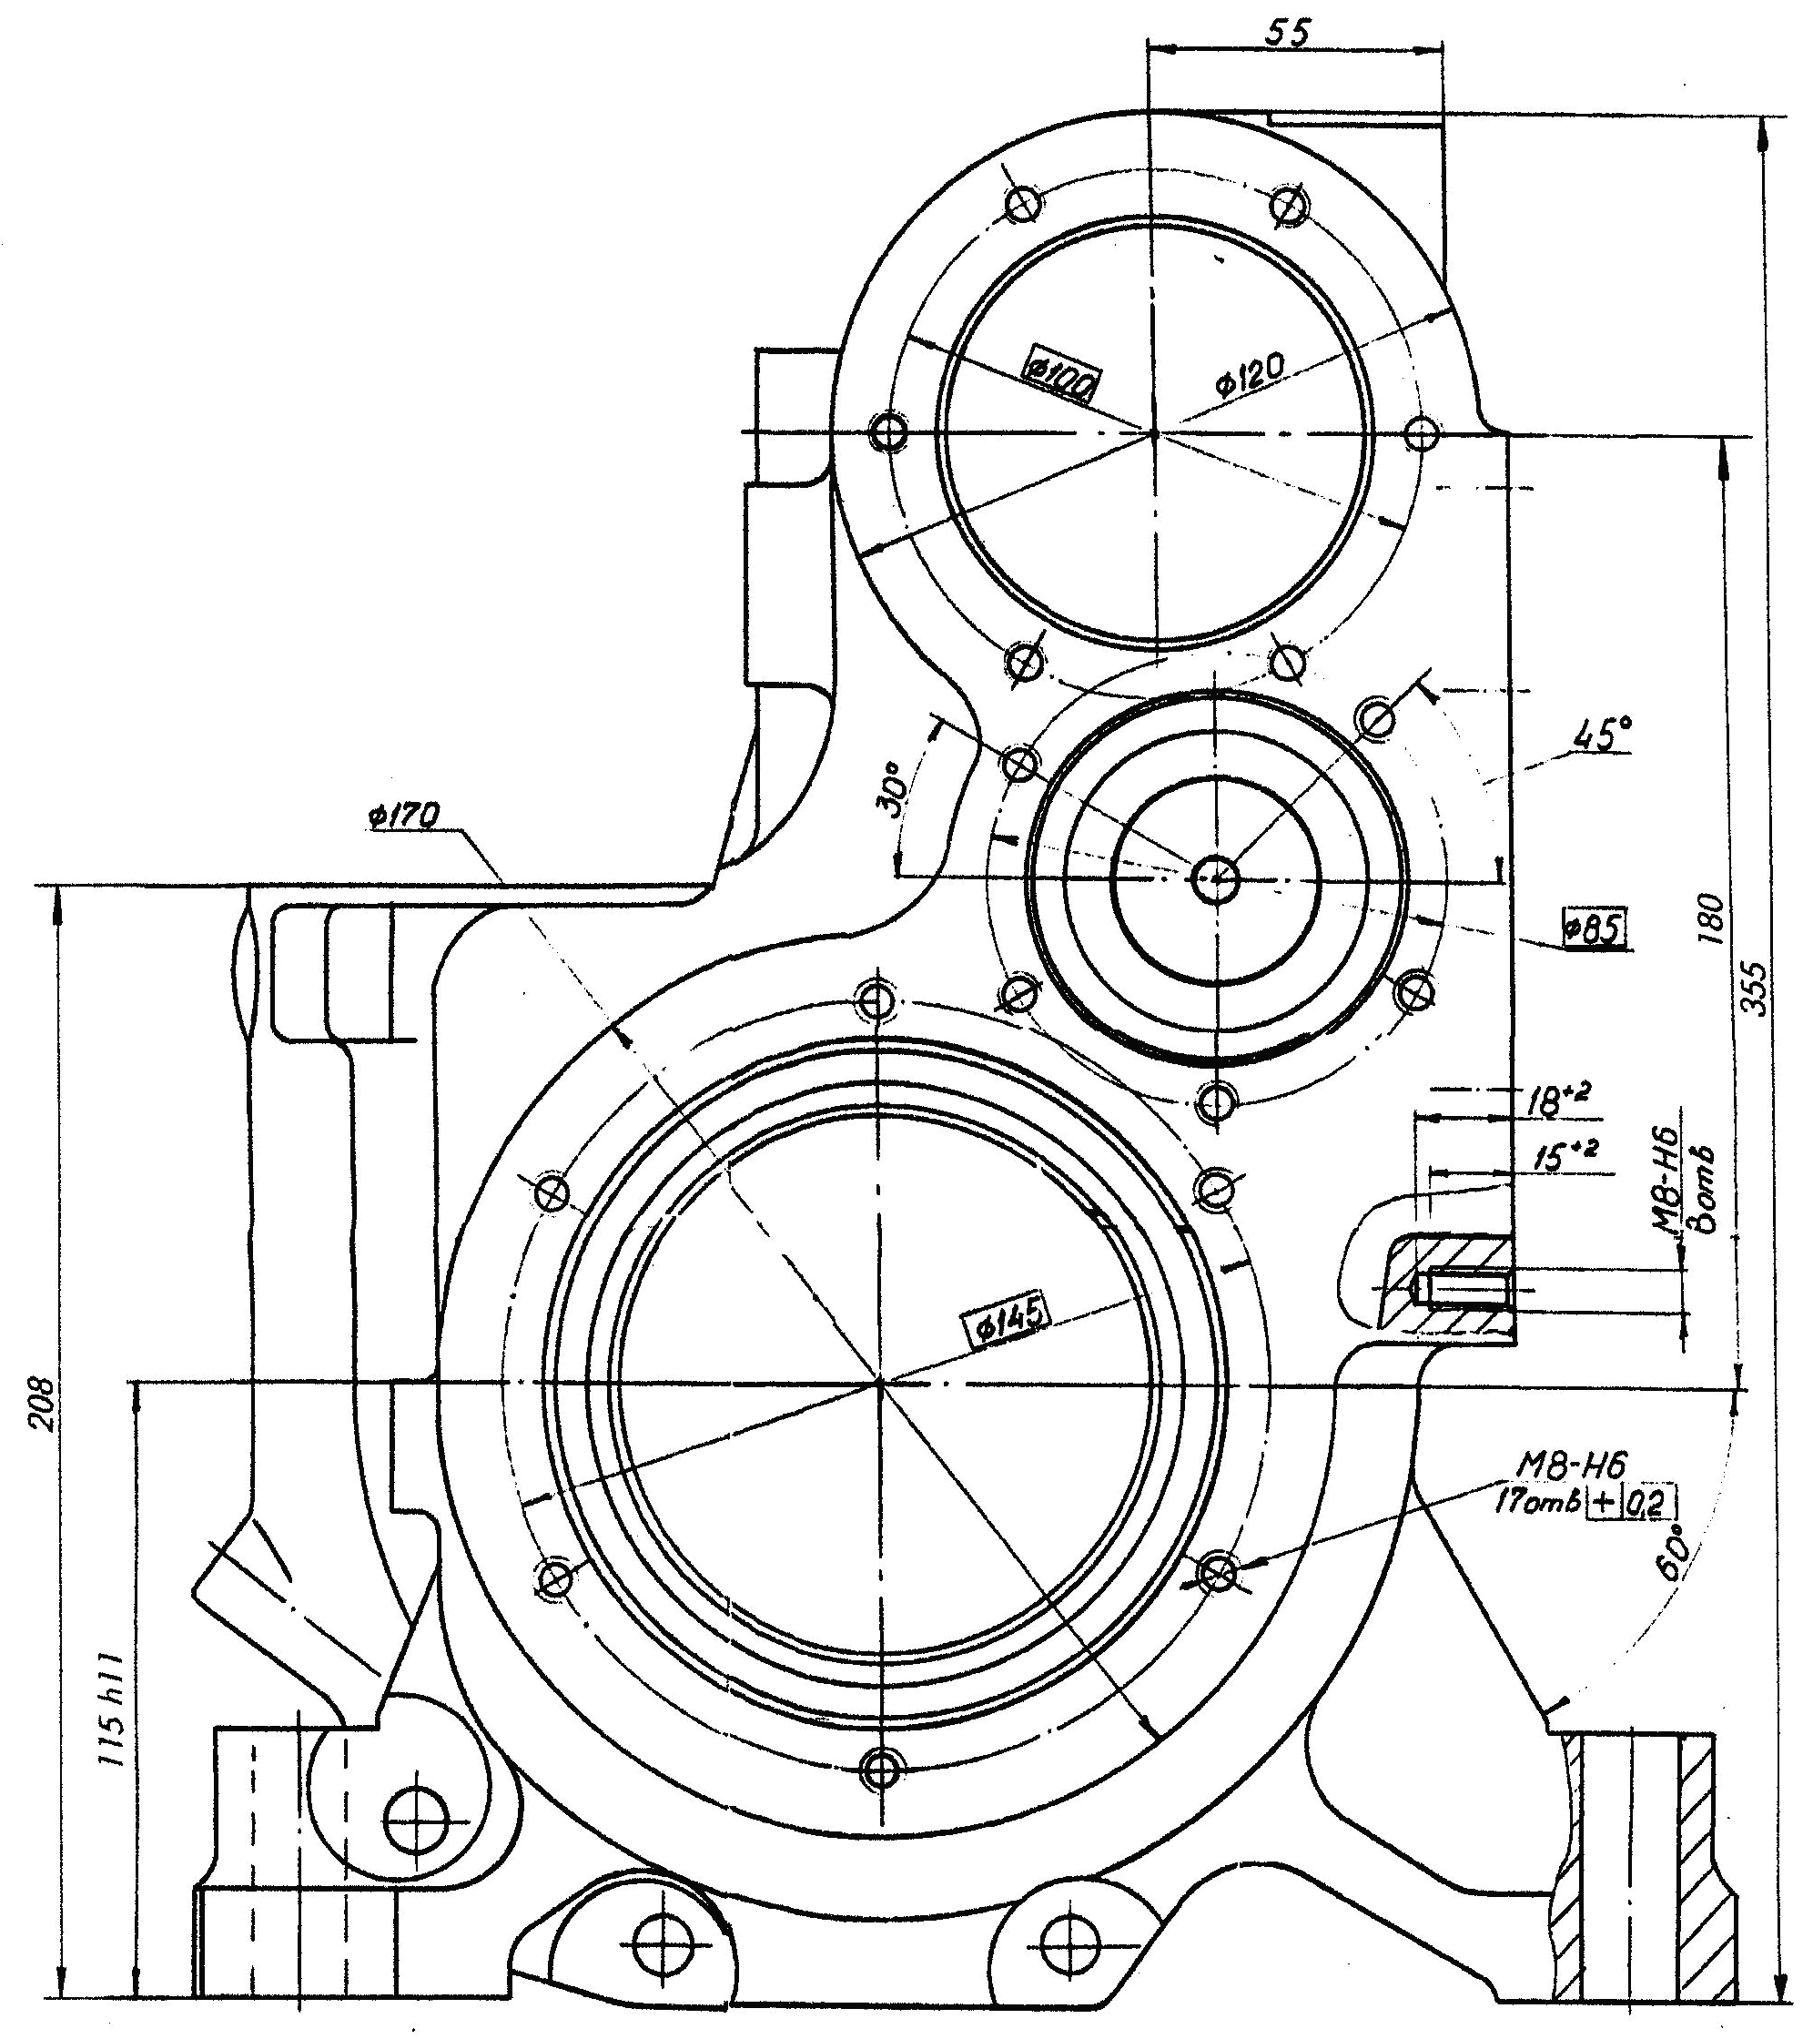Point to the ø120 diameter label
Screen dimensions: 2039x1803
point(1250,376)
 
